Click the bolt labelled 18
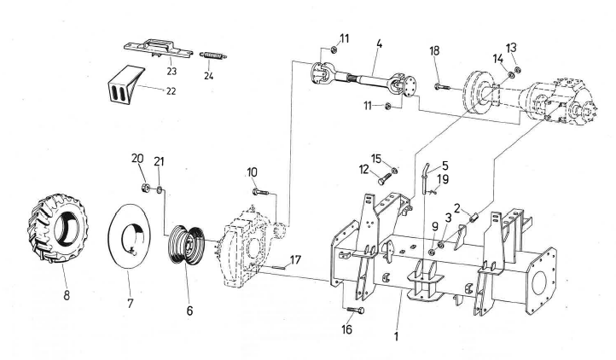442,85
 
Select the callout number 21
159,162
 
